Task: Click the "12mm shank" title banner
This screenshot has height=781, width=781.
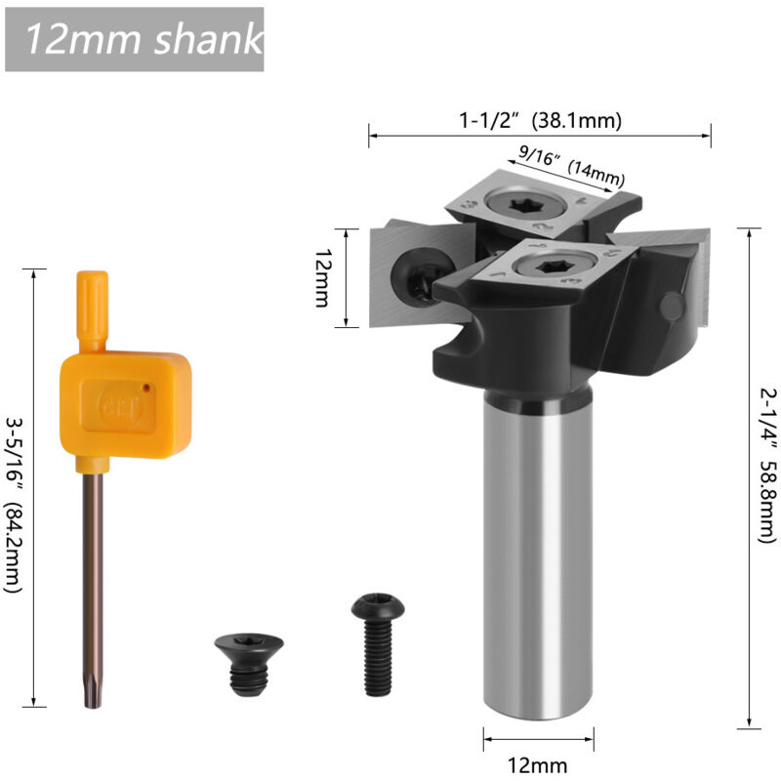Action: [134, 39]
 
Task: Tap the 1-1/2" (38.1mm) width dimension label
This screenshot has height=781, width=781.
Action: [540, 120]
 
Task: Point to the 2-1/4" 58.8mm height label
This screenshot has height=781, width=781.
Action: [767, 466]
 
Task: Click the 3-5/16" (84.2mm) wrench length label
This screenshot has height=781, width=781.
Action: [14, 505]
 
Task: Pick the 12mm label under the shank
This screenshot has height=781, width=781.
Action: [538, 765]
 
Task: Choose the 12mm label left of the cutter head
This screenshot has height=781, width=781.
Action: [323, 278]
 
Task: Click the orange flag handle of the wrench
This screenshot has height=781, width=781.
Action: [126, 404]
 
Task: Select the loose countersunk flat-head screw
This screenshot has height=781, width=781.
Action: [249, 664]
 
